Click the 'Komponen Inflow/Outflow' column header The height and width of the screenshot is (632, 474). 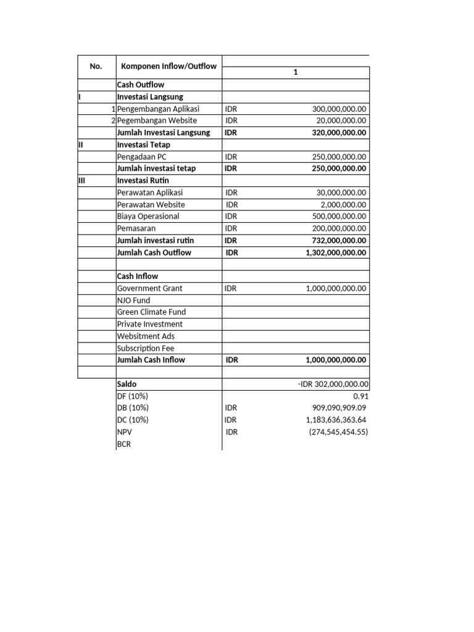pyautogui.click(x=168, y=66)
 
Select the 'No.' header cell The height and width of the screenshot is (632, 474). pyautogui.click(x=96, y=66)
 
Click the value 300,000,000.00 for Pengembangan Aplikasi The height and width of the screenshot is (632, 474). pyautogui.click(x=339, y=109)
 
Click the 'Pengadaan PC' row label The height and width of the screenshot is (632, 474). pyautogui.click(x=141, y=157)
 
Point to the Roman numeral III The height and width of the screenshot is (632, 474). pyautogui.click(x=82, y=180)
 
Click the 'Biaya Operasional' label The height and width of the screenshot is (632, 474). pyautogui.click(x=148, y=216)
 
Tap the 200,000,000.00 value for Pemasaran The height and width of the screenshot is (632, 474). pyautogui.click(x=339, y=228)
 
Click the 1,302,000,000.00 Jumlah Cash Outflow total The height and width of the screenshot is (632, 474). pyautogui.click(x=335, y=252)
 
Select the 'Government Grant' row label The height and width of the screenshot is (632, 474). pyautogui.click(x=149, y=288)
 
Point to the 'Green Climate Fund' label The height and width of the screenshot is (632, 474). pyautogui.click(x=151, y=312)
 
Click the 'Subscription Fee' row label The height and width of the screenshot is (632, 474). pyautogui.click(x=146, y=348)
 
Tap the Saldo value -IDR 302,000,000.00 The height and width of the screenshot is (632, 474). pyautogui.click(x=333, y=384)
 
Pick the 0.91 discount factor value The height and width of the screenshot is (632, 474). pyautogui.click(x=360, y=396)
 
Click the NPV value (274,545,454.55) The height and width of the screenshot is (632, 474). pyautogui.click(x=338, y=432)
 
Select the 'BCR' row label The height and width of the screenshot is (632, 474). pyautogui.click(x=124, y=444)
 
